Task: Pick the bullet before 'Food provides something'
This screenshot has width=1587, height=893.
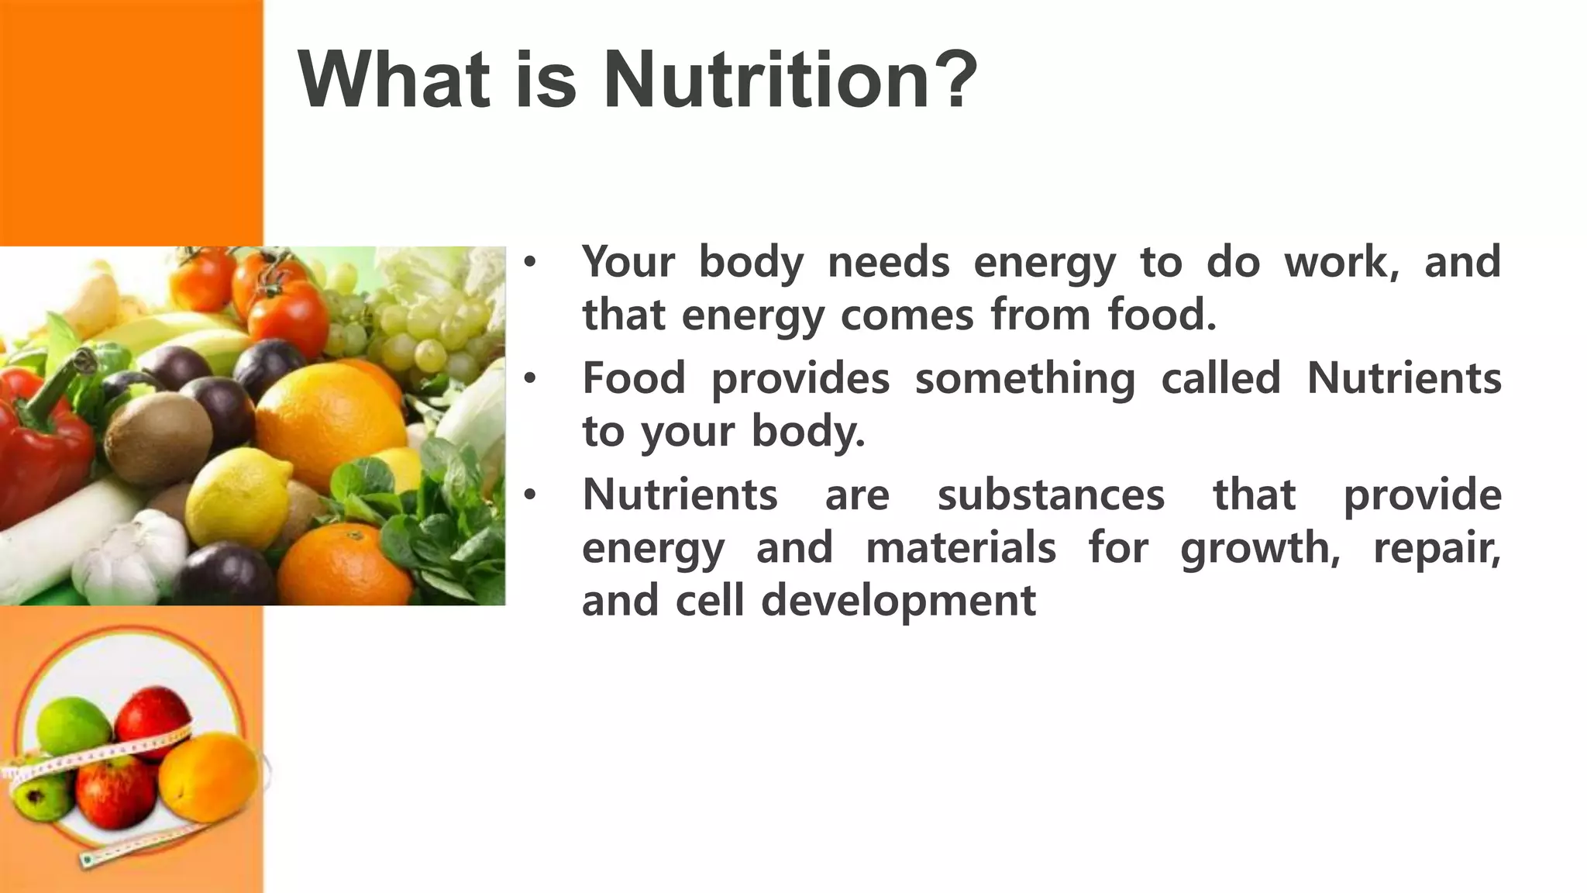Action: click(529, 378)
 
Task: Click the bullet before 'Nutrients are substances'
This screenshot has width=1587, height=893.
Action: click(529, 495)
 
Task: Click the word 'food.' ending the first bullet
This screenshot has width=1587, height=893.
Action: click(1162, 315)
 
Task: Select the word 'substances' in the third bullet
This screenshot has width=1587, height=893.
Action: click(1051, 495)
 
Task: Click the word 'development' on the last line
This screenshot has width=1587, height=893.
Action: click(898, 601)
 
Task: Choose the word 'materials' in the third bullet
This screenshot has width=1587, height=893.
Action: click(960, 547)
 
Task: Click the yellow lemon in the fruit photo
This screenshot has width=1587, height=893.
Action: click(236, 496)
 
